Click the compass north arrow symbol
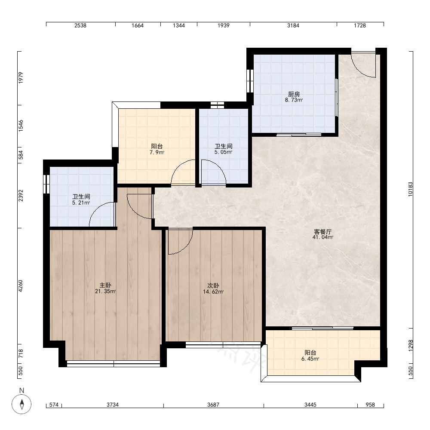click(21, 404)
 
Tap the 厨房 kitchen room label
click(294, 94)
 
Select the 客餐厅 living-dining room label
click(322, 232)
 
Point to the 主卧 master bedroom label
click(105, 285)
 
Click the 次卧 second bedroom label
click(213, 286)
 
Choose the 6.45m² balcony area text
click(310, 359)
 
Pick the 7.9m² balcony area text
click(157, 152)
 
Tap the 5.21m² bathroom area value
click(81, 203)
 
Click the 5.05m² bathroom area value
click(224, 152)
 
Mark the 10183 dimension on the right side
click(411, 189)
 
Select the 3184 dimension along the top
click(293, 25)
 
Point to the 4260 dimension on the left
click(21, 286)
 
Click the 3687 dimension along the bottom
click(213, 405)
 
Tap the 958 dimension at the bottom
click(370, 405)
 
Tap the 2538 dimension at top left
click(80, 25)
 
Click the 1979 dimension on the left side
click(21, 78)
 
